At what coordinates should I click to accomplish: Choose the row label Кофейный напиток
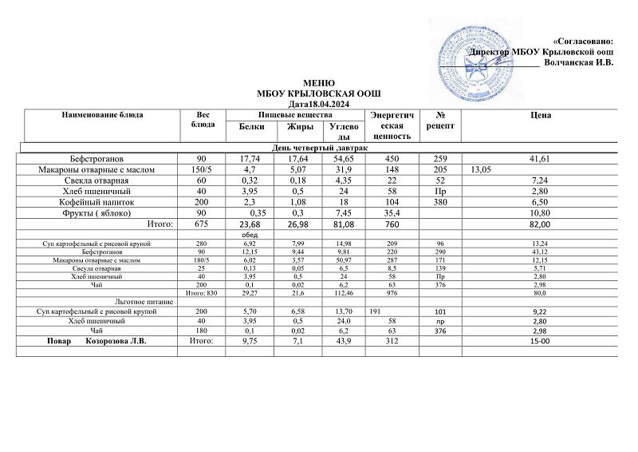[111, 204]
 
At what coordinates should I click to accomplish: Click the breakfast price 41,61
[541, 159]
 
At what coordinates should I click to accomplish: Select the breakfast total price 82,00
[541, 226]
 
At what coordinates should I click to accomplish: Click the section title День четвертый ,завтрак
[317, 149]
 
